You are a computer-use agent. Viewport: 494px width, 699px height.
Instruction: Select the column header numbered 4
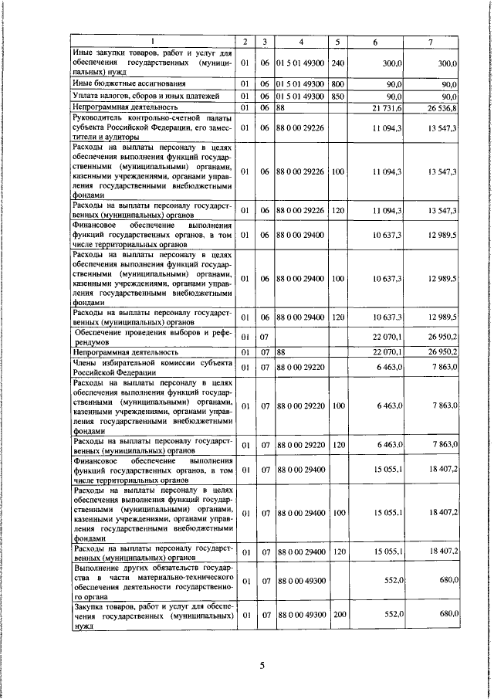[x=301, y=42]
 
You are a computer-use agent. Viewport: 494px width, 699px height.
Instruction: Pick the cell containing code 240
[x=337, y=63]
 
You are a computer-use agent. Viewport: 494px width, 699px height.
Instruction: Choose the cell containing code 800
[x=337, y=83]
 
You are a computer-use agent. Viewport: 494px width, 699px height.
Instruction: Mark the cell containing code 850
[x=337, y=96]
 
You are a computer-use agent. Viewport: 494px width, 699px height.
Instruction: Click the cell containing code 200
[x=337, y=616]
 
